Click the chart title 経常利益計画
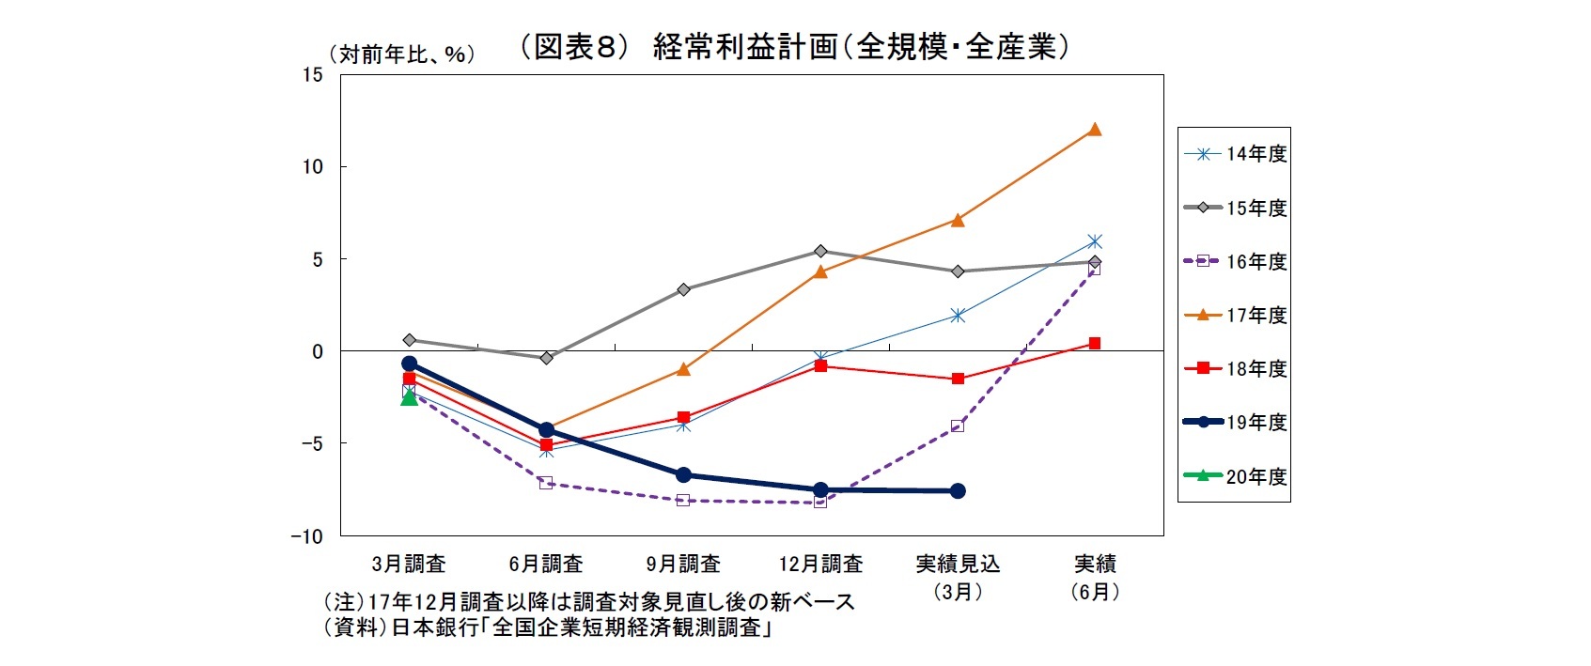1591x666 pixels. tap(794, 46)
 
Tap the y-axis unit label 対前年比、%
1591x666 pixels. tap(401, 54)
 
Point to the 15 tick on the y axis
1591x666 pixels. tap(312, 75)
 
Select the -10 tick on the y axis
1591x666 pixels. tap(306, 536)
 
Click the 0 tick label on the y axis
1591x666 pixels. tap(318, 351)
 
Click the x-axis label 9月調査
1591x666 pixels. tap(683, 564)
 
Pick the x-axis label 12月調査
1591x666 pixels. tap(820, 564)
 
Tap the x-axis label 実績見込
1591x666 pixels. tap(958, 564)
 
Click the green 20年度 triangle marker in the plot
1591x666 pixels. tap(409, 398)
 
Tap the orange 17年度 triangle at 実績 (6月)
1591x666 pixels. tap(1094, 130)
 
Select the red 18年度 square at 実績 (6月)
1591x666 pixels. tap(1094, 344)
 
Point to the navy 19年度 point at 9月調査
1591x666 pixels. tap(683, 475)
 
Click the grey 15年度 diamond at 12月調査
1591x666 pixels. tap(820, 251)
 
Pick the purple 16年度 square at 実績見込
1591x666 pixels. tap(958, 426)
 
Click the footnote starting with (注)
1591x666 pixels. tap(589, 601)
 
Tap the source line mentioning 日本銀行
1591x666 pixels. tap(548, 627)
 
